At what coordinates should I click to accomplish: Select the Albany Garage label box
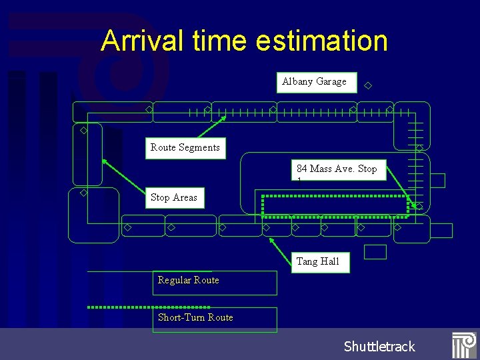click(316, 82)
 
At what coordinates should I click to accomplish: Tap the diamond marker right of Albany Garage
click(367, 85)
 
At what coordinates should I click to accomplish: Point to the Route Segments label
click(185, 147)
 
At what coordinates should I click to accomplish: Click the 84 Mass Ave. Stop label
click(337, 169)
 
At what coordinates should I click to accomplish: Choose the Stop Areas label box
click(174, 197)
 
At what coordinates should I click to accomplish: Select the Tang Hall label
click(317, 261)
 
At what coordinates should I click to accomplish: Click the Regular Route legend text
click(189, 280)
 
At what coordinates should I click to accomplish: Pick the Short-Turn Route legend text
click(195, 317)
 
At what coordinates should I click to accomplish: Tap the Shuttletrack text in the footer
click(379, 346)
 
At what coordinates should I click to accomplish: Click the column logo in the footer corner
click(463, 345)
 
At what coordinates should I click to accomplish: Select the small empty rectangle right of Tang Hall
click(375, 252)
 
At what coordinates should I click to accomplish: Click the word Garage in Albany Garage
click(331, 82)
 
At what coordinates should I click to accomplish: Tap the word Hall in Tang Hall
click(330, 261)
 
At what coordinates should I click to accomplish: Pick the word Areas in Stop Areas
click(185, 197)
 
